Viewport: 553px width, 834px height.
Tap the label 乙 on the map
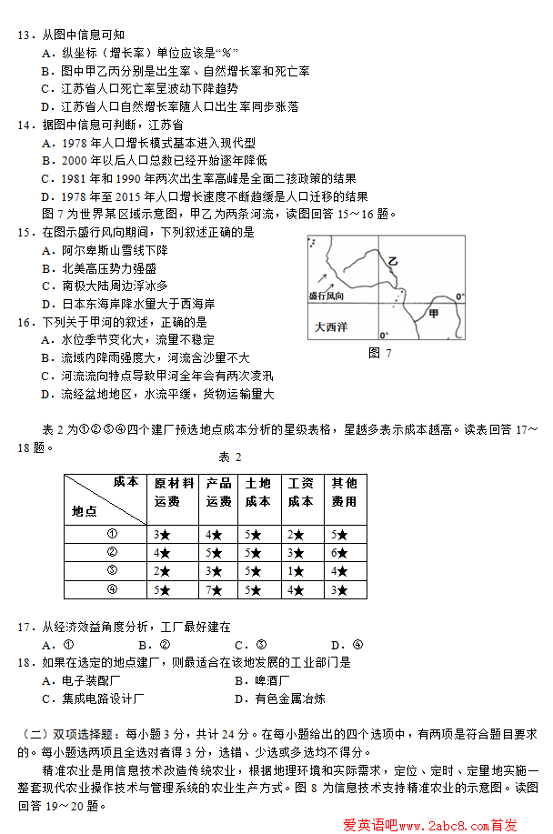393,262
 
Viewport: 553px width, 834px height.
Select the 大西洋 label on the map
331,327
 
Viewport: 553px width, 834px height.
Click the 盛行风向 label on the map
327,296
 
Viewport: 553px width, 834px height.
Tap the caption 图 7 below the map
380,353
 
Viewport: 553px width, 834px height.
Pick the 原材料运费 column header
173,492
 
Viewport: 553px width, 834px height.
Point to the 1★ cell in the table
300,570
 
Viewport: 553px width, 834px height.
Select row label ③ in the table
113,570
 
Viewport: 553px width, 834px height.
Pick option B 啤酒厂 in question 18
263,680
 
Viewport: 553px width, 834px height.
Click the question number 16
25,322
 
